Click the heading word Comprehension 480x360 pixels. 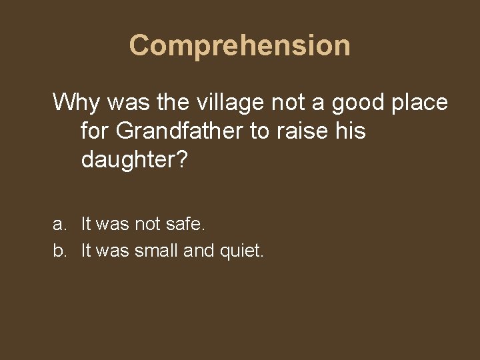click(x=239, y=45)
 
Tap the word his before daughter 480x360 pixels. click(x=350, y=131)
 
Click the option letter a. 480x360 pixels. click(x=59, y=225)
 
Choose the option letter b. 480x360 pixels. click(x=59, y=252)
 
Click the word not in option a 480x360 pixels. click(x=147, y=225)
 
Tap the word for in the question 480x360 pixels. click(x=95, y=131)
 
